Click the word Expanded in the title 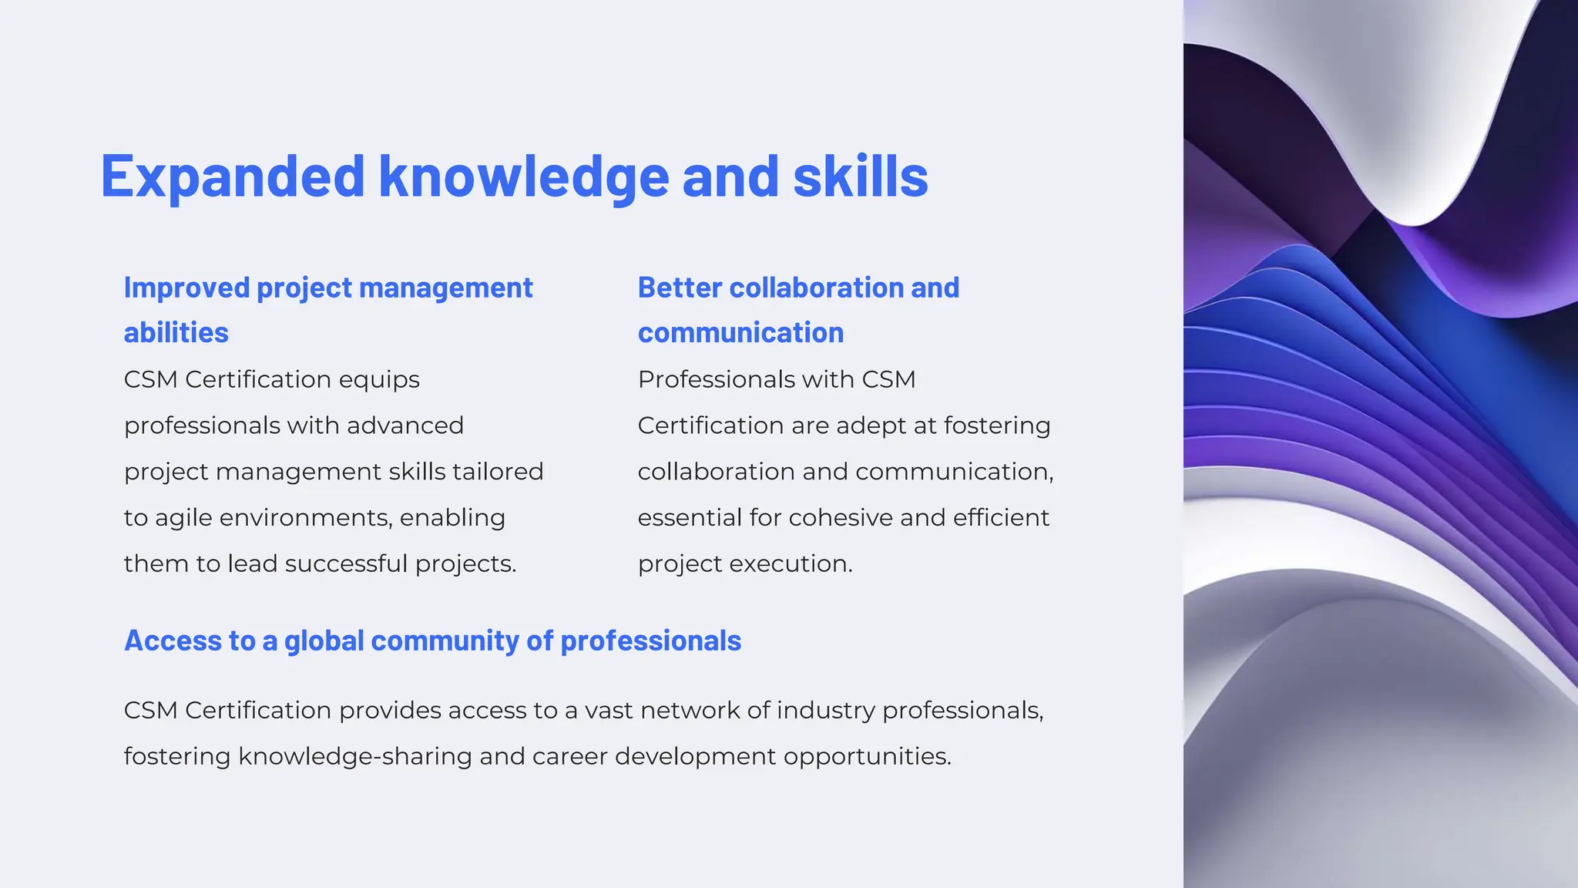coord(232,177)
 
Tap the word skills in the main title coord(860,177)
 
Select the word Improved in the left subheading coord(186,288)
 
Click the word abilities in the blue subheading coord(176,333)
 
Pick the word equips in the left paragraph coord(379,380)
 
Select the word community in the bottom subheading coord(445,641)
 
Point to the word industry coord(825,711)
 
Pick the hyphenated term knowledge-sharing coord(355,757)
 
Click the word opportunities coord(867,757)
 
